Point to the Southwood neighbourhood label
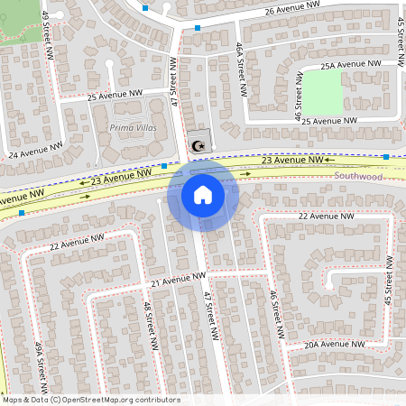click(359, 177)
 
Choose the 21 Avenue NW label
click(178, 281)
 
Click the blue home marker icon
click(203, 194)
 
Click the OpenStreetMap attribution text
click(90, 400)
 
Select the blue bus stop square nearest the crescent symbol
click(164, 166)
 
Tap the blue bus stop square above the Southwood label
click(386, 157)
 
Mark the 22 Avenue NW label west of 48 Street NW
click(79, 243)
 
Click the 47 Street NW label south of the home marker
click(211, 316)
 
